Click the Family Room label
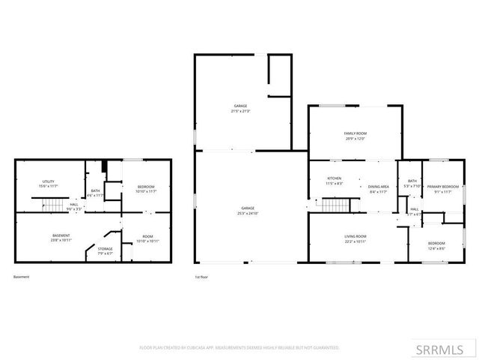[356, 133]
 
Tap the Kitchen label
[335, 178]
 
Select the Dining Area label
[379, 186]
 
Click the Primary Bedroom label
[442, 186]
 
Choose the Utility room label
[49, 181]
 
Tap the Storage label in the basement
[106, 248]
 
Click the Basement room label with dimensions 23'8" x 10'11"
[61, 236]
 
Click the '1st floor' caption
[201, 277]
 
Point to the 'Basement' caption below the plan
[21, 277]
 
